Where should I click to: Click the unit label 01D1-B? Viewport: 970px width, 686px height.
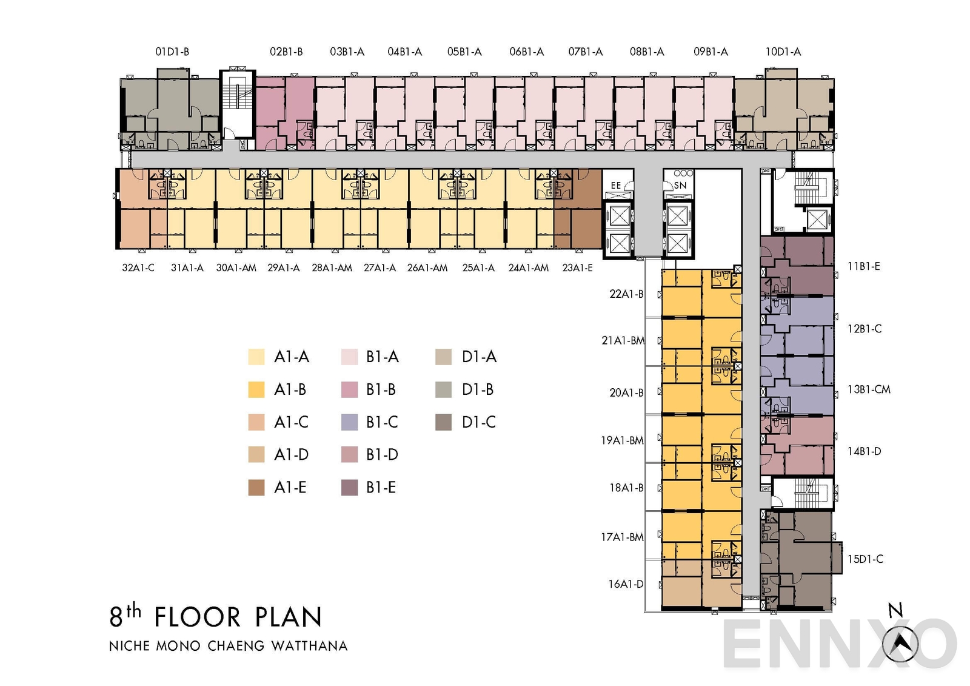point(172,52)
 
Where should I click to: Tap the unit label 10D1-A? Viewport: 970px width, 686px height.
point(783,52)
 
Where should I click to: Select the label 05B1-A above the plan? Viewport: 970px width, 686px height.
point(464,52)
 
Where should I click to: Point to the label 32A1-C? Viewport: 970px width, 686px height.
point(138,268)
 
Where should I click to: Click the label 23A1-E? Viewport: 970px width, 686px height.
point(577,268)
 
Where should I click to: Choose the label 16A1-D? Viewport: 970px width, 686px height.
point(626,584)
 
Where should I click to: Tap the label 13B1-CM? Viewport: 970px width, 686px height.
point(869,389)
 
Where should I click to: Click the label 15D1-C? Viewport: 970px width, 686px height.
point(865,559)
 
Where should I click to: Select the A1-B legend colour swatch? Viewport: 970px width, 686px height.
point(256,389)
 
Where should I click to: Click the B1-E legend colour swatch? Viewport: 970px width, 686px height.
point(350,488)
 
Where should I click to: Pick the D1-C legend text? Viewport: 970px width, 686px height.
point(478,422)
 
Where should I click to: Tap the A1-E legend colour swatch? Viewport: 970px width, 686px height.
point(256,488)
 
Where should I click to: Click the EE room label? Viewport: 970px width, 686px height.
point(616,186)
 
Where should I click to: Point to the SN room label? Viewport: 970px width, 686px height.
point(680,186)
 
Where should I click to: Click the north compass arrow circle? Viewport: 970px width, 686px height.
point(900,644)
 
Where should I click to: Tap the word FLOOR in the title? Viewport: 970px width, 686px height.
point(198,617)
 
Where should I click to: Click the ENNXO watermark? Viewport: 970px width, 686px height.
point(840,645)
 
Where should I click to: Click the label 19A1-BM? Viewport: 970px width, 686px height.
point(622,440)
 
